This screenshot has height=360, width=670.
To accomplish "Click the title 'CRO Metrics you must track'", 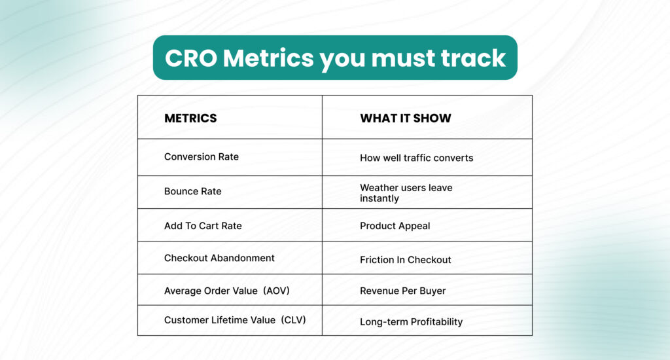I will point(335,58).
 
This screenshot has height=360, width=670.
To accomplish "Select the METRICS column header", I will point(190,118).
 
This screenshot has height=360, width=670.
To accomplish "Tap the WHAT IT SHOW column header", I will point(405,118).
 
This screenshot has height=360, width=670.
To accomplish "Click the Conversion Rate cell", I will point(202,156).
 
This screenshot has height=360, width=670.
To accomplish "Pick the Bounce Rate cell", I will point(192,191).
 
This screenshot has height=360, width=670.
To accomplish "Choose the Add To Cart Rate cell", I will point(203,226).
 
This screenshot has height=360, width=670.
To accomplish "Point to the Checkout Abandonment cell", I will point(219,258).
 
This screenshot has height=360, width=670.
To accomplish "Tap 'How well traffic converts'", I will point(416,158).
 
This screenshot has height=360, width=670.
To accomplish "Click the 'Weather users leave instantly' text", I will point(406,192).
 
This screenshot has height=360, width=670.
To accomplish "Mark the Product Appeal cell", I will point(395,226).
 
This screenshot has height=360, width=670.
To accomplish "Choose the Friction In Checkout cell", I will point(405,260).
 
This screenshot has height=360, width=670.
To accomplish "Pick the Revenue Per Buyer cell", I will point(402,291).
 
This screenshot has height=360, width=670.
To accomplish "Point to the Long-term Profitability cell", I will point(411,322).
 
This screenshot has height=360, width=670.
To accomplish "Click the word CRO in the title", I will point(190,58).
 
